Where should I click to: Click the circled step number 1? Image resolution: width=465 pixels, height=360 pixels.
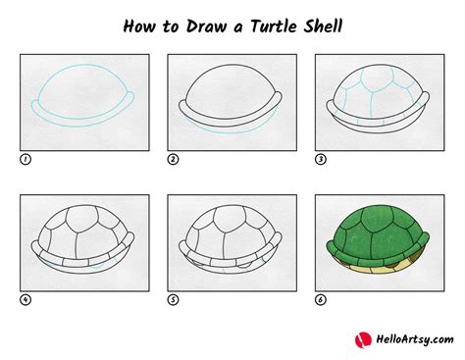tap(24, 158)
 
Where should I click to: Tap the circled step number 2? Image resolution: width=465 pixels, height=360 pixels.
tap(173, 158)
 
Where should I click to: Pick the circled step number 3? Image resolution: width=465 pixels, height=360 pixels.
tap(320, 158)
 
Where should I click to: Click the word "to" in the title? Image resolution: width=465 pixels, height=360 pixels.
tap(169, 23)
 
